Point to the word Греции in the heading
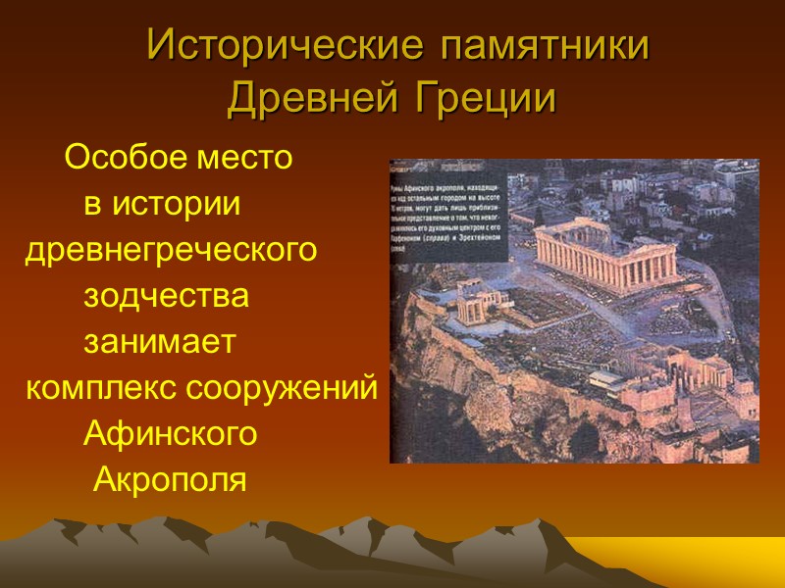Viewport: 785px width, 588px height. pos(488,98)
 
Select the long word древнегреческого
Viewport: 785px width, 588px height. pos(171,251)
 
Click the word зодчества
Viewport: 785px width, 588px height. pos(166,296)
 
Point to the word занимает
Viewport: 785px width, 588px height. pos(159,342)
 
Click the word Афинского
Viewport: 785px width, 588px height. pos(170,433)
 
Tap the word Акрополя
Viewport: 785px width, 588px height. pos(169,480)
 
